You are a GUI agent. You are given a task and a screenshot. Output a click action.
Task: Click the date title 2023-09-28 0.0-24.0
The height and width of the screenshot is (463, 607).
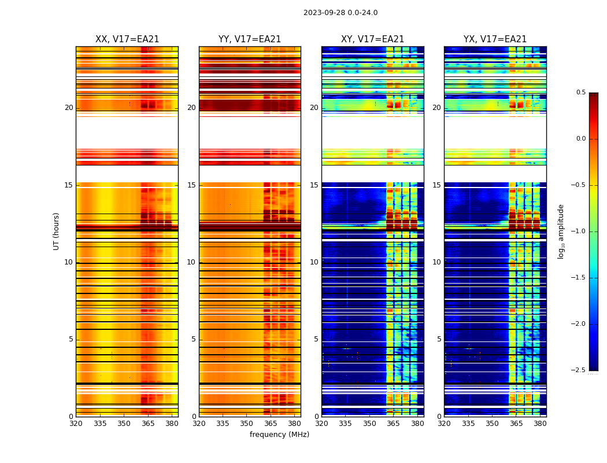340,13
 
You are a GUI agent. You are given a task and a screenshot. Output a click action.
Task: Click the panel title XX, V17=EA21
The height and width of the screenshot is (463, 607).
127,39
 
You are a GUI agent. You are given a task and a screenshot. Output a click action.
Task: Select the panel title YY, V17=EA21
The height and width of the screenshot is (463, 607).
250,39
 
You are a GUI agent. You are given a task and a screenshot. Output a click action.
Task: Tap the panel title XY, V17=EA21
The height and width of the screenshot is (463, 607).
373,39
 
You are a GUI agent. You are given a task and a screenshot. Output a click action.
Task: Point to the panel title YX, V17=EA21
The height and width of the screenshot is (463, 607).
495,39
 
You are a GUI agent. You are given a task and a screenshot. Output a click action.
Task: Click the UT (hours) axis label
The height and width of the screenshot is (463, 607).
56,231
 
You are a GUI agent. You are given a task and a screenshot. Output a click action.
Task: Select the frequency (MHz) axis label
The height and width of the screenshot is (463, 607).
279,435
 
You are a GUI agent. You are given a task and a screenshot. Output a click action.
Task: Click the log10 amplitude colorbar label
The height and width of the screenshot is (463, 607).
561,231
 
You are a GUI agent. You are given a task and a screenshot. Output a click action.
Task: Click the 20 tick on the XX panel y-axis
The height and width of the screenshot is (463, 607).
69,108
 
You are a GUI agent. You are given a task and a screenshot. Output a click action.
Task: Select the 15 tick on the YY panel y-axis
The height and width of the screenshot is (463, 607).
191,185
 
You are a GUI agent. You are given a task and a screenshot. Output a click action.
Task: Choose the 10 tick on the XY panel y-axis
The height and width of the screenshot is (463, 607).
314,262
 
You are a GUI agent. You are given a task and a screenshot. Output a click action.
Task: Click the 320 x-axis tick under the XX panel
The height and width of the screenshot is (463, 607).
76,423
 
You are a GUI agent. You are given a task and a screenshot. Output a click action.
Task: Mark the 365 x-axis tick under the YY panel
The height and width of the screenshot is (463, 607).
271,423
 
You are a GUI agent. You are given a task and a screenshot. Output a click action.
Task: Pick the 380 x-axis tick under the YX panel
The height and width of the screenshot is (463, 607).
540,423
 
